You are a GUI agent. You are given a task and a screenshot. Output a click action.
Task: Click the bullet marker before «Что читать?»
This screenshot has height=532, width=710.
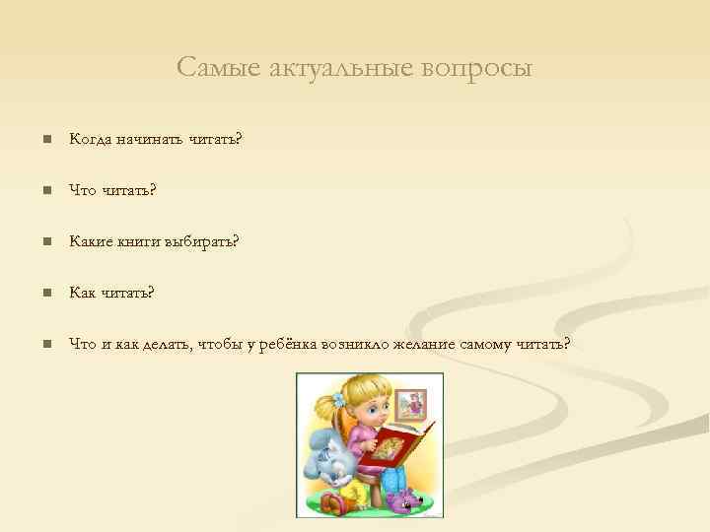point(44,191)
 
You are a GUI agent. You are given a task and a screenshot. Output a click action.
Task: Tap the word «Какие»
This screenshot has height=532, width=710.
point(92,241)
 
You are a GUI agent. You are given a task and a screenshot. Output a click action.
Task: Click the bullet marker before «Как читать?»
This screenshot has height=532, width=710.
point(44,293)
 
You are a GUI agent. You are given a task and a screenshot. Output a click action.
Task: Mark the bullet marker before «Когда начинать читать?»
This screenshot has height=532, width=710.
point(44,140)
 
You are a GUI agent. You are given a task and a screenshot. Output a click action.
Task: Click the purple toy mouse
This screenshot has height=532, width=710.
point(405,501)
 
